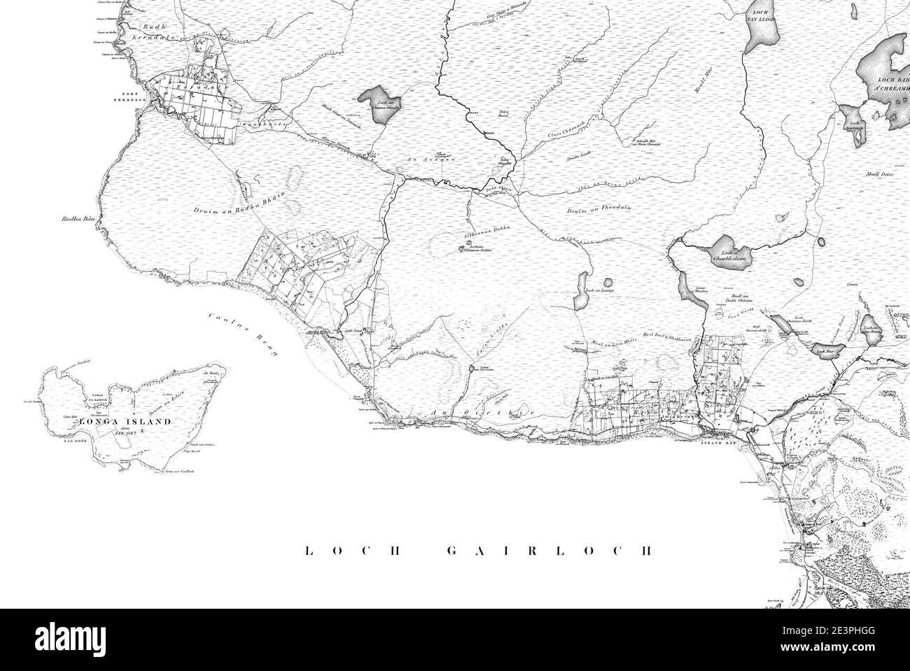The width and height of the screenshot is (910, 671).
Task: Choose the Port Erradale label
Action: pos(132,97)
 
